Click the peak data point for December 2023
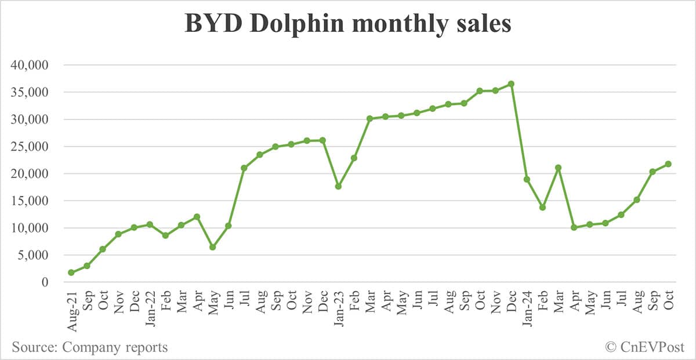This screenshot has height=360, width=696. click(511, 84)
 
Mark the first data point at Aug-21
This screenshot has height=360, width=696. click(71, 272)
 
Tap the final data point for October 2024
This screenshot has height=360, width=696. click(668, 164)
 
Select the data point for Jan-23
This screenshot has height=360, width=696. click(338, 186)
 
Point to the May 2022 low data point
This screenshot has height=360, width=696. click(212, 247)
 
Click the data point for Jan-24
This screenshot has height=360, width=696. click(527, 179)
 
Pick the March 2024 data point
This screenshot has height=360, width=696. click(558, 168)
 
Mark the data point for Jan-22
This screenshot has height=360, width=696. click(150, 224)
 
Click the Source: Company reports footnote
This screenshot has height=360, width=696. click(90, 347)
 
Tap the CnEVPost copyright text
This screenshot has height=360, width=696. click(645, 347)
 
